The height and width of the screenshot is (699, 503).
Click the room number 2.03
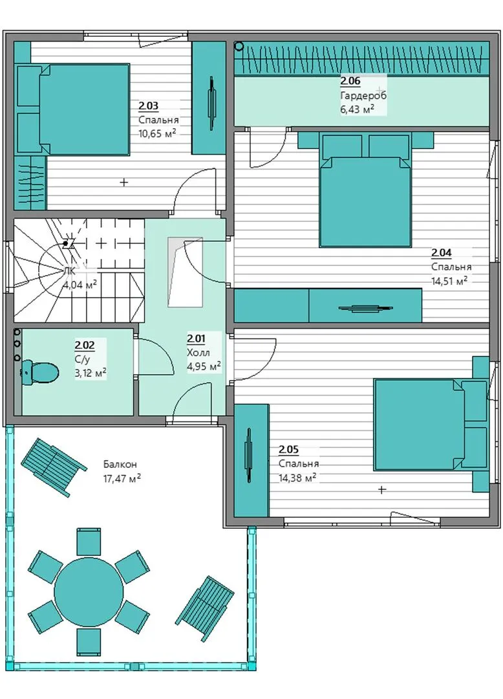148,106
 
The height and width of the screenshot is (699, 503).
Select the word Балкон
120,464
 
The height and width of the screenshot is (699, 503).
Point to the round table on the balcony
89,592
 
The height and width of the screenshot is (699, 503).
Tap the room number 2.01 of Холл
197,338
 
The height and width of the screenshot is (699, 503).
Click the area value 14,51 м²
449,281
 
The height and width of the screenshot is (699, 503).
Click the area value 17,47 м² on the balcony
122,479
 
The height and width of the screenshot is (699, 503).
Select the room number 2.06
350,81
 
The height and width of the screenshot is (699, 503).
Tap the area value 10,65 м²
157,133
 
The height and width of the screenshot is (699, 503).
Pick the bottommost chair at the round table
89,642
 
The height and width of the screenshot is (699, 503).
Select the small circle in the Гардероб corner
239,45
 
